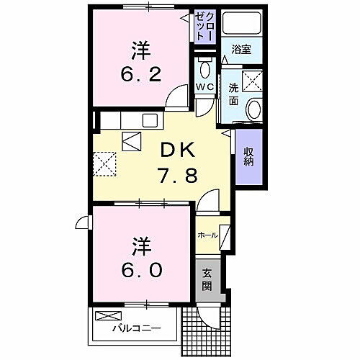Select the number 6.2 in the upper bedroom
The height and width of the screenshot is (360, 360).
click(140, 73)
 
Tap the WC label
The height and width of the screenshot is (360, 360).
click(205, 89)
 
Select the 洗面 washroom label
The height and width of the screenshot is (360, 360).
click(234, 94)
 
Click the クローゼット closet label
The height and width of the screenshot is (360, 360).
click(205, 27)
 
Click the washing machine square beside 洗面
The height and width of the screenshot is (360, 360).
click(253, 81)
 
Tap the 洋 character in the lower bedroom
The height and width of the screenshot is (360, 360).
click(140, 246)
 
